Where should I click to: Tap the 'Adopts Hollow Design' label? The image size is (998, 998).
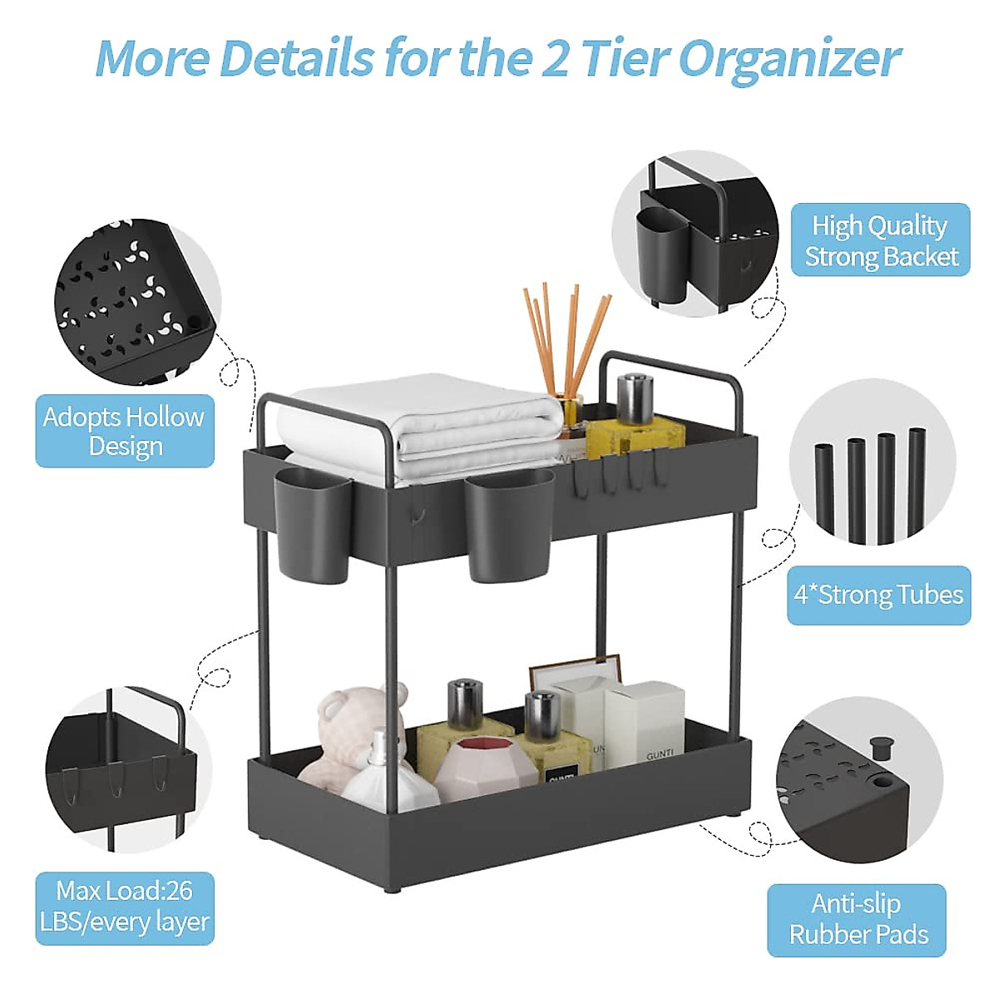pyautogui.click(x=125, y=431)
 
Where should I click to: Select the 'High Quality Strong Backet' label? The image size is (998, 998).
pyautogui.click(x=881, y=240)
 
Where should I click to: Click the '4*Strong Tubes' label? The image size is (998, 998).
pyautogui.click(x=878, y=595)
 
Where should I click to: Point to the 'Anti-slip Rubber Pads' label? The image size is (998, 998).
pyautogui.click(x=857, y=919)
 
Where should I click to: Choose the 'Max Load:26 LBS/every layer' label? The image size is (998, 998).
pyautogui.click(x=125, y=907)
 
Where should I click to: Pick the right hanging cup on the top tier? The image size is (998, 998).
pyautogui.click(x=507, y=524)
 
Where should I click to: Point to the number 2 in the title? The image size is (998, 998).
pyautogui.click(x=556, y=58)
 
